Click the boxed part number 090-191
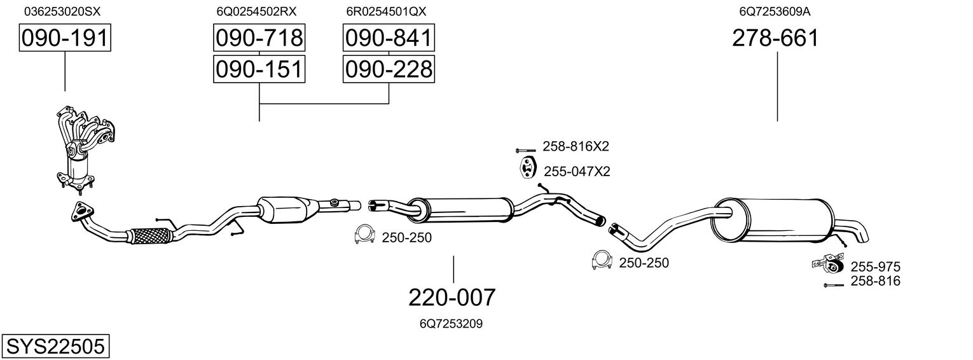pos(65,39)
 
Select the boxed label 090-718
pos(259,39)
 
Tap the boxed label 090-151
pos(259,69)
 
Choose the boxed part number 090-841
pos(389,39)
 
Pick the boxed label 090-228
pos(389,69)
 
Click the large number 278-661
pos(775,39)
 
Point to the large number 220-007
pos(452,297)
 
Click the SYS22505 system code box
pos(55,347)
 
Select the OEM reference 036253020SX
pos(62,11)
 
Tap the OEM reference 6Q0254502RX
pos(256,11)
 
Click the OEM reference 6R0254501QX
pos(386,11)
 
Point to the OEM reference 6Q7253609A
pos(775,11)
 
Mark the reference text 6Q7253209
pos(451,324)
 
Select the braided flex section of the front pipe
pos(150,236)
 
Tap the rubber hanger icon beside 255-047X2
pos(527,170)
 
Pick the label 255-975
pos(875,267)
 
